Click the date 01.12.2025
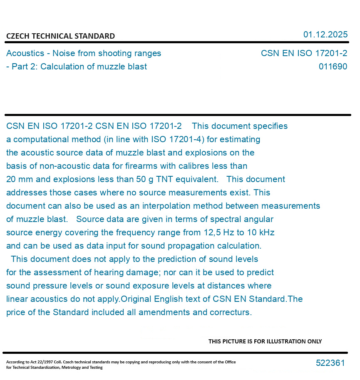click(325, 35)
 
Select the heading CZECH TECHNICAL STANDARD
click(60, 36)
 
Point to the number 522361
click(330, 363)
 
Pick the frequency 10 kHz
click(261, 232)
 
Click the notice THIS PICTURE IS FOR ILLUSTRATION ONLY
click(265, 341)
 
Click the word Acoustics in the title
click(25, 53)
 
